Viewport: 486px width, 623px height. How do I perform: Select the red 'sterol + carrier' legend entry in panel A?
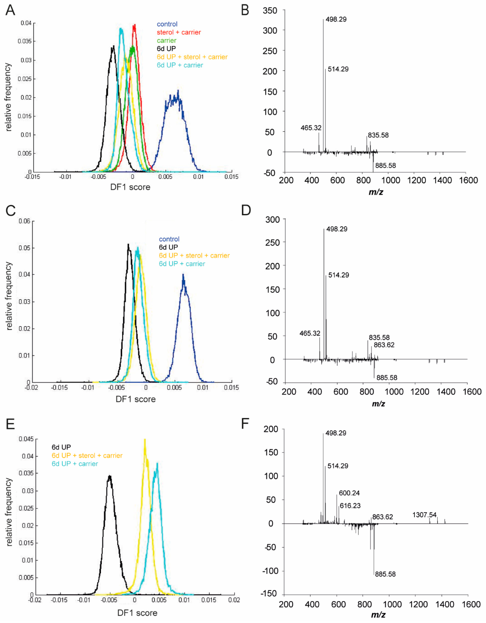pos(179,32)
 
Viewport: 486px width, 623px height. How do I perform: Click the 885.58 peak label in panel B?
pos(385,165)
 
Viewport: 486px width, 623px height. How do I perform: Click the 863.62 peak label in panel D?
pos(384,345)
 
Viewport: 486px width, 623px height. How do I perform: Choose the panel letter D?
pos(246,210)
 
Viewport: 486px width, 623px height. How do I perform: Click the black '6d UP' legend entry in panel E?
pos(61,447)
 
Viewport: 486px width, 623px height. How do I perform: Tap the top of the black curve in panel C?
pos(128,244)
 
